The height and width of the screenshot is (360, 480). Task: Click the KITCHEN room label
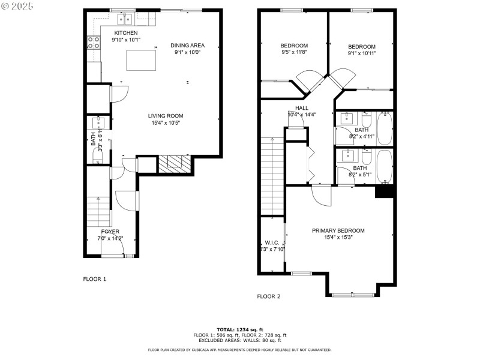[x=125, y=33]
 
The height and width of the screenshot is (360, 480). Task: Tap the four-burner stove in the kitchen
[x=94, y=42]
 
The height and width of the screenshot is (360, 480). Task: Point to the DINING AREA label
[x=187, y=45]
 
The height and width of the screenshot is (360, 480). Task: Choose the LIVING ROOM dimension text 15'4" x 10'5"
[x=166, y=123]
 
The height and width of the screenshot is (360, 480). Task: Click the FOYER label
[x=110, y=232]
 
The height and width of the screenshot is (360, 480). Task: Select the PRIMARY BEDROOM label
[x=338, y=230]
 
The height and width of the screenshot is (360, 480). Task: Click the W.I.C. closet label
[x=272, y=242]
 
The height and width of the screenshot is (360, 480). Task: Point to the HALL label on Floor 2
[x=302, y=108]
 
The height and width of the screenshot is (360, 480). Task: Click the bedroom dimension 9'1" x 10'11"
[x=362, y=54]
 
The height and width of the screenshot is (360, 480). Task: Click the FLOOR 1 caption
[x=94, y=279]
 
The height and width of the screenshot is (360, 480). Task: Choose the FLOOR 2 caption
[x=269, y=296]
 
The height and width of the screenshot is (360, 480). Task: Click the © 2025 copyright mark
[x=17, y=5]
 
